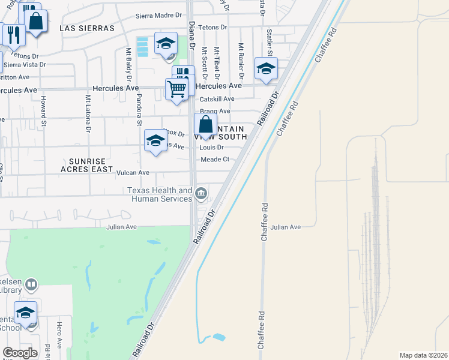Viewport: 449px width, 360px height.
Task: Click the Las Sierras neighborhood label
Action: (x=87, y=28)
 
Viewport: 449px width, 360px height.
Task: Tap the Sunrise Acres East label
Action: (x=87, y=165)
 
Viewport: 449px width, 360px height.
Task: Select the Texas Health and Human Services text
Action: (x=159, y=194)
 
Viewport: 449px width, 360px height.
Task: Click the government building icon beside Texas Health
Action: (x=202, y=193)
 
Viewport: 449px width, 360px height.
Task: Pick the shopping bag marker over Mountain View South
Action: (x=205, y=125)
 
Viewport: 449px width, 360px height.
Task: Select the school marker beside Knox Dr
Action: (x=155, y=141)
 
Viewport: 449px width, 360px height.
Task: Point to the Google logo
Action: (x=20, y=353)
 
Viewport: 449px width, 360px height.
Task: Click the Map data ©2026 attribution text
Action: (x=423, y=355)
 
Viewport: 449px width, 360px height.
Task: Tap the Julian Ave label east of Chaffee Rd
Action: (x=285, y=227)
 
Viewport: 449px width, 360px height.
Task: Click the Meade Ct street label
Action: (x=215, y=159)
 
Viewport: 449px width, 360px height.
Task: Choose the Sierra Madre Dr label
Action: (x=158, y=15)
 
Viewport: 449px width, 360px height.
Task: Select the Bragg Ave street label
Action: (x=215, y=111)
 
